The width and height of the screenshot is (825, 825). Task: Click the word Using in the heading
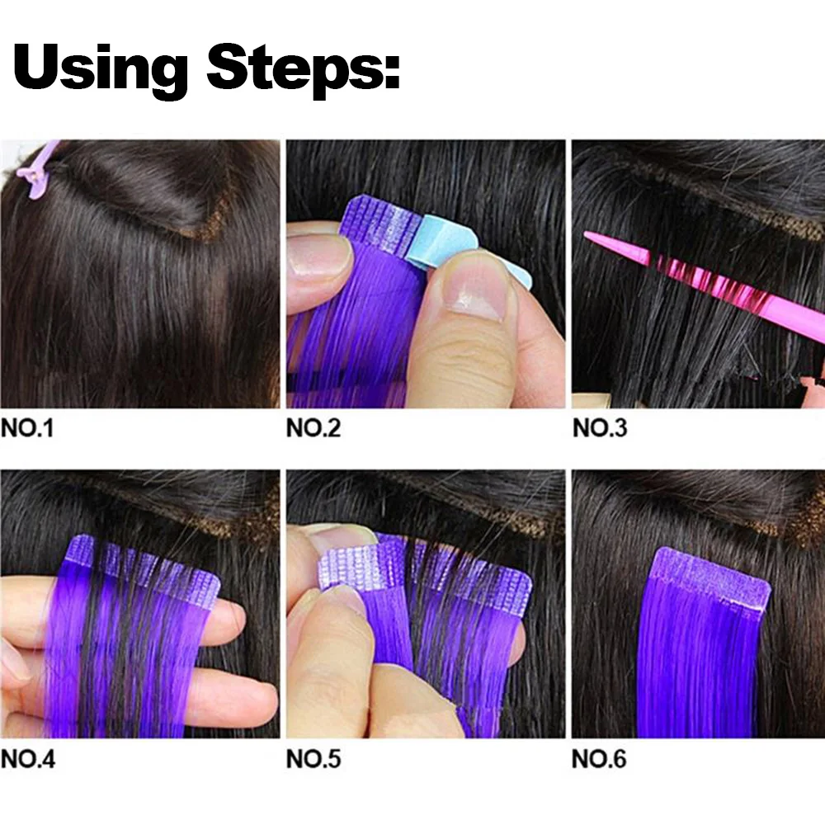[x=101, y=66]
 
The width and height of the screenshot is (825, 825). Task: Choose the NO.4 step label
[x=28, y=759]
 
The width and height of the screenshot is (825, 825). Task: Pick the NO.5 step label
[x=313, y=759]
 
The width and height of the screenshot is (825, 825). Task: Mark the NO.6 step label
[x=600, y=759]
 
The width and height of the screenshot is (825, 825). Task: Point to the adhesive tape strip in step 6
[x=711, y=577]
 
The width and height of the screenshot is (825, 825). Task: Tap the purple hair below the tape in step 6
[x=701, y=668]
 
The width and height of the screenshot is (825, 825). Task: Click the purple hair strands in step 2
[x=346, y=330]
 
